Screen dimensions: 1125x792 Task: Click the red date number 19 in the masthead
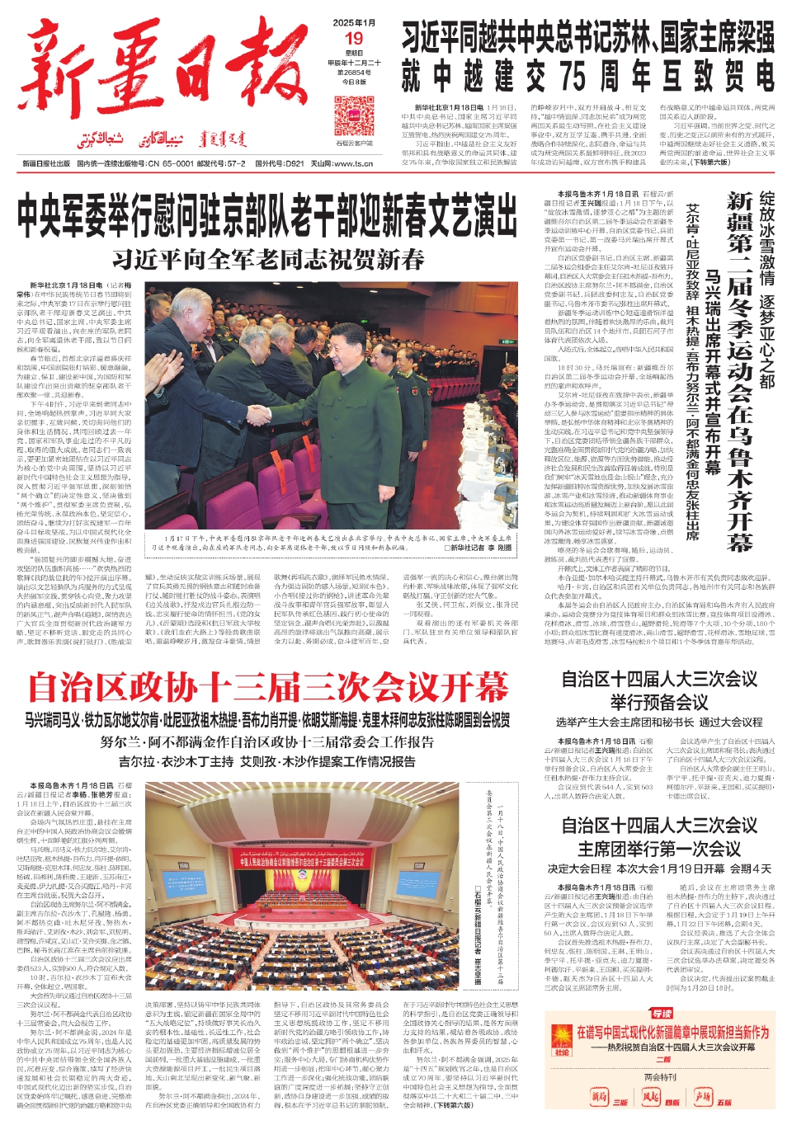pyautogui.click(x=354, y=38)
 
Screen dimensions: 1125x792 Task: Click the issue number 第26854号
pyautogui.click(x=354, y=73)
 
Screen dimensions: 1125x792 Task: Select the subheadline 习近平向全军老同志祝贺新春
pyautogui.click(x=268, y=259)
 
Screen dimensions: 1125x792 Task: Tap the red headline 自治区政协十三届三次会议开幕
pyautogui.click(x=268, y=687)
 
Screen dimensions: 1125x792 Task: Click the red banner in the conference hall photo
pyautogui.click(x=302, y=861)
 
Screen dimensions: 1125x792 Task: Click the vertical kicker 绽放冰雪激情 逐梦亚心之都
pyautogui.click(x=766, y=289)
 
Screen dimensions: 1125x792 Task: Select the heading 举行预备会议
pyautogui.click(x=658, y=702)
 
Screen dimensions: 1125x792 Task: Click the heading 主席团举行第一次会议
pyautogui.click(x=658, y=849)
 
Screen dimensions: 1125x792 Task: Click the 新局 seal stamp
pyautogui.click(x=599, y=1097)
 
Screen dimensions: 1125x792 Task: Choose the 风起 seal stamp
pyautogui.click(x=651, y=1097)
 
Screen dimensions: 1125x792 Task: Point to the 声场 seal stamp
pyautogui.click(x=703, y=1097)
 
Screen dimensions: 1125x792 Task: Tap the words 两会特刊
pyautogui.click(x=660, y=1077)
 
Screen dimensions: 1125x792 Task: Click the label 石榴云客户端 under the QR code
pyautogui.click(x=354, y=143)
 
